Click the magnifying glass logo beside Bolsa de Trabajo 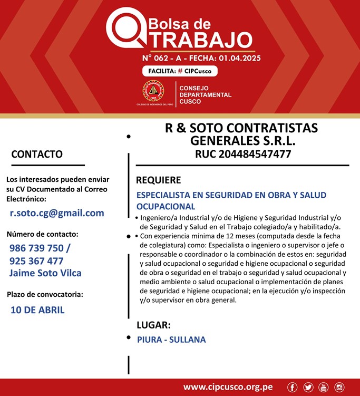(x=124, y=27)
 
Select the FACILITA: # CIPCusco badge (x=179, y=71)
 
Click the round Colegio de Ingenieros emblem (x=153, y=91)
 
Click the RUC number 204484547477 (x=243, y=154)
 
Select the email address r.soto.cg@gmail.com (x=57, y=213)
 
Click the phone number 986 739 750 (x=36, y=248)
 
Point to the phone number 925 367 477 (x=36, y=261)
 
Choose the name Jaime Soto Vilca (x=45, y=273)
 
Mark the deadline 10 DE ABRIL (x=37, y=310)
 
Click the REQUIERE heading (x=159, y=180)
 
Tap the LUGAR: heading (x=153, y=325)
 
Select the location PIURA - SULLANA (x=171, y=340)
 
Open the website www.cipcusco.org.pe (x=228, y=387)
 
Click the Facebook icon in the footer (x=292, y=388)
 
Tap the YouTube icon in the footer (x=324, y=388)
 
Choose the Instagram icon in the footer (x=339, y=388)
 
